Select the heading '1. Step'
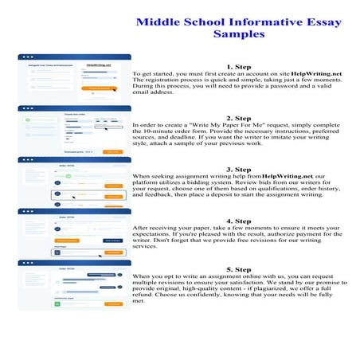click(240, 67)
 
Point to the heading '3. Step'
click(240, 169)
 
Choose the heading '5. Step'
click(240, 270)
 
